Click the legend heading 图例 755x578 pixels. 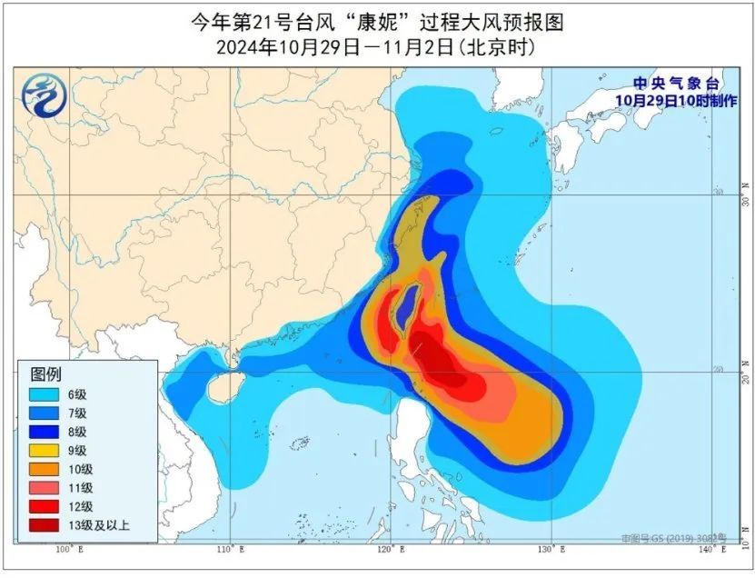(x=45, y=374)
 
